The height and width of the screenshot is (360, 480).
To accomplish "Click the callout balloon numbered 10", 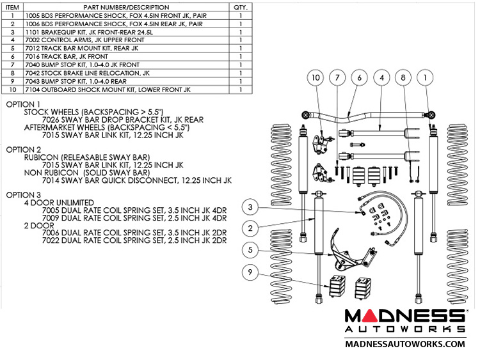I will click(315, 78).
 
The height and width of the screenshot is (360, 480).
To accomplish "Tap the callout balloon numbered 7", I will click(337, 78).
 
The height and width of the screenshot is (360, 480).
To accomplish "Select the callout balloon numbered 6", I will click(360, 78).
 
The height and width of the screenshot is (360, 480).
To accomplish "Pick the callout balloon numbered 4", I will click(381, 78).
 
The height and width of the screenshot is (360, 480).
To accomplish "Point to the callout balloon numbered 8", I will click(403, 78).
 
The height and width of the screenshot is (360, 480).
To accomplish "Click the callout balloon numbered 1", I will click(424, 78).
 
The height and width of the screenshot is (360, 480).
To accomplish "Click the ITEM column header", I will click(13, 6).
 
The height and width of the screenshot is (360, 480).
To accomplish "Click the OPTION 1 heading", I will click(22, 104).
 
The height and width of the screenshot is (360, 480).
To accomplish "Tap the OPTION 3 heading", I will click(22, 195).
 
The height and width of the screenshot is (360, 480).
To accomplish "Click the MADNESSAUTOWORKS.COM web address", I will click(404, 344).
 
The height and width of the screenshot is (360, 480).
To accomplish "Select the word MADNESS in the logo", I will click(404, 316).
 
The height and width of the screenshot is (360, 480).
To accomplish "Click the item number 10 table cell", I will click(13, 90).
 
